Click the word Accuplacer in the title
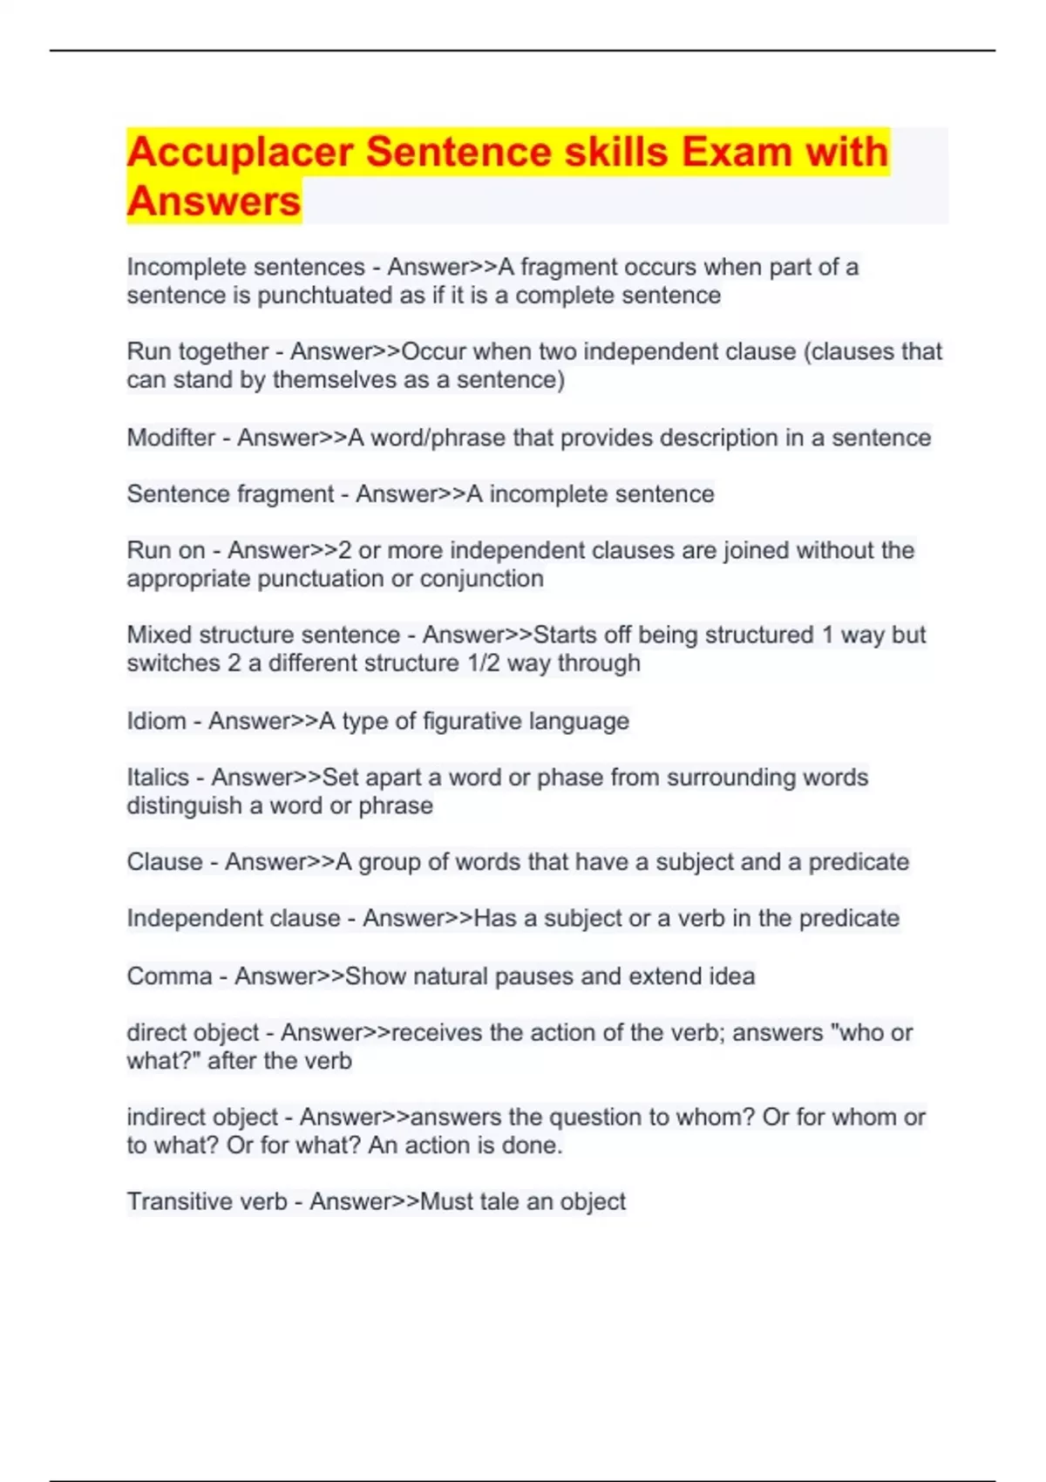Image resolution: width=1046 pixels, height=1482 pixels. tap(240, 153)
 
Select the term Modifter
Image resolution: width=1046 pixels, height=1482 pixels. tap(171, 438)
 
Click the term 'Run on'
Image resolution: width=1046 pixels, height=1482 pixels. tap(166, 551)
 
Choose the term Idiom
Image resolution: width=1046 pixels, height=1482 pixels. tap(156, 721)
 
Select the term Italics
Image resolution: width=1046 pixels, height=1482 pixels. tap(158, 778)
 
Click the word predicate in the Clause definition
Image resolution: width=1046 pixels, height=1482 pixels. tap(859, 862)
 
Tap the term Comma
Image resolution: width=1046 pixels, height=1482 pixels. tap(169, 976)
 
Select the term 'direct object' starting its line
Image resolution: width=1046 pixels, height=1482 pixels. tap(193, 1033)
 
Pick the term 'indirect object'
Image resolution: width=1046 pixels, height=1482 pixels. tap(202, 1118)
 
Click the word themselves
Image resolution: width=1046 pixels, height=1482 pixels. tap(335, 380)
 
